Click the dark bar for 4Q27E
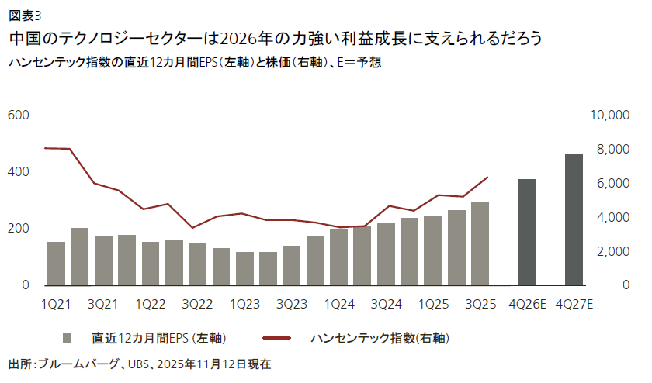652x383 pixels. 574,219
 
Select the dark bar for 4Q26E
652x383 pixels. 528,233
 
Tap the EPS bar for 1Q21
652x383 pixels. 57,264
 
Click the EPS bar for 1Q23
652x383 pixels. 244,268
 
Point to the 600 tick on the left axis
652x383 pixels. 19,115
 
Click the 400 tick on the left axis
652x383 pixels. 19,171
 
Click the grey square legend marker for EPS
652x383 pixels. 68,337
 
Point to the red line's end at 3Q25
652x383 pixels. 487,178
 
